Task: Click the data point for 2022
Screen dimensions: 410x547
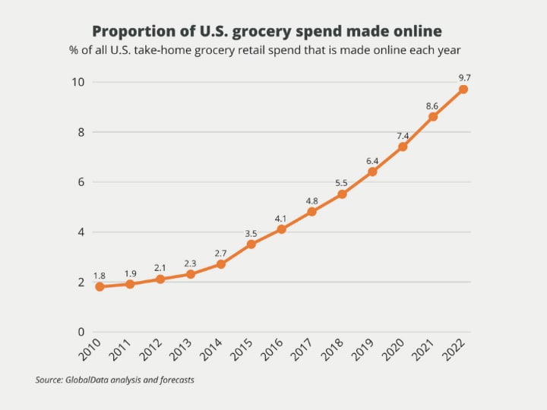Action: (x=463, y=90)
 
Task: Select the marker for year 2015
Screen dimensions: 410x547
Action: (x=251, y=244)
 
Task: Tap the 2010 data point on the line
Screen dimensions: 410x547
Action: (x=100, y=287)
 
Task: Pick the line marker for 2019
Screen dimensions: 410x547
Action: (x=372, y=172)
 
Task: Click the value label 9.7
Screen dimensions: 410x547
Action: (x=463, y=77)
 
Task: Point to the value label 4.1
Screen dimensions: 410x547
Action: (x=281, y=218)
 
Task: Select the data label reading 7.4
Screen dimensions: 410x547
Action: (x=403, y=136)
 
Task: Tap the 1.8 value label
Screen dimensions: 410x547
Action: (x=100, y=276)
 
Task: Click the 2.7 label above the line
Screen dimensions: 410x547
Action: (x=220, y=253)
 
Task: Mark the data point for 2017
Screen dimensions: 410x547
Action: (x=311, y=212)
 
